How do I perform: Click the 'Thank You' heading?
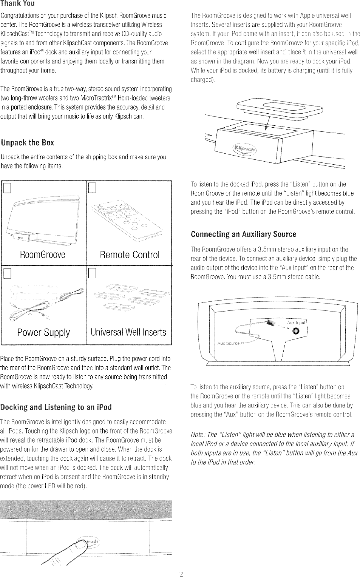point(18,4)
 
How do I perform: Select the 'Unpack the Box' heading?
point(28,143)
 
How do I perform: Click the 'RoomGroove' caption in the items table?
point(44,255)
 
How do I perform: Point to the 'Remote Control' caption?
point(130,255)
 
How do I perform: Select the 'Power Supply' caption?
point(44,333)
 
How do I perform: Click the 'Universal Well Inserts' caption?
point(128,333)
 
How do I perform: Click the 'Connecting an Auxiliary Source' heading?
point(243,235)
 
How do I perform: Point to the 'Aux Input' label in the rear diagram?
point(296,323)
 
